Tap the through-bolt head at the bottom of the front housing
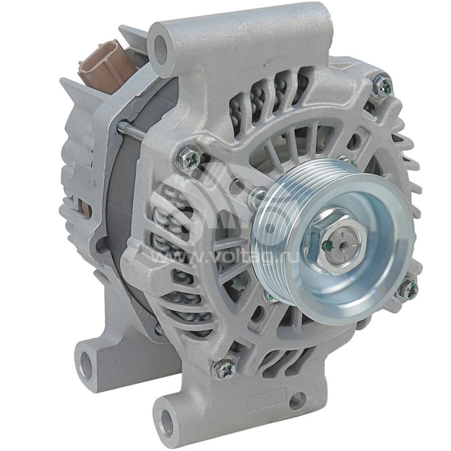coord(224,369)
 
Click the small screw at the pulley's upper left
coord(258,195)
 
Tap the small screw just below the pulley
coord(270,298)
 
